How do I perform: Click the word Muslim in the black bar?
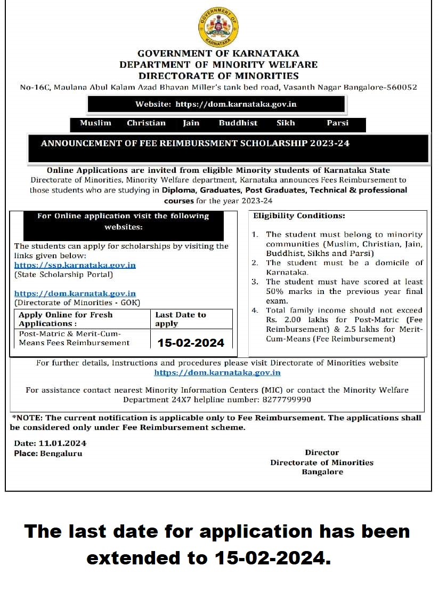(x=95, y=123)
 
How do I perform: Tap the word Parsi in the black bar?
(x=337, y=123)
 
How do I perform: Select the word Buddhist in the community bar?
(x=238, y=123)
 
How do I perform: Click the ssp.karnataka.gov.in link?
(x=75, y=265)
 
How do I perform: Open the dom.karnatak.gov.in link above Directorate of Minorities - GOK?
(x=75, y=293)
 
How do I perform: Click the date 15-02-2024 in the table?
(x=191, y=342)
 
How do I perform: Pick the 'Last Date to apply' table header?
(x=180, y=319)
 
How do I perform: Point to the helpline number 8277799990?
(x=286, y=399)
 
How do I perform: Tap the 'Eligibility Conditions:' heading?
(x=299, y=216)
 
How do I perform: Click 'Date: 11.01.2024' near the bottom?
(x=50, y=443)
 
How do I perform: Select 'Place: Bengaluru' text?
(x=48, y=453)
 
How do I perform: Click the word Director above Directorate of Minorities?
(x=322, y=452)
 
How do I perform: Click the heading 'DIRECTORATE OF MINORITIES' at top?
(x=218, y=76)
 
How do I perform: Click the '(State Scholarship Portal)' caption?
(x=63, y=275)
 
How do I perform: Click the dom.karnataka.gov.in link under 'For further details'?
(x=217, y=373)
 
